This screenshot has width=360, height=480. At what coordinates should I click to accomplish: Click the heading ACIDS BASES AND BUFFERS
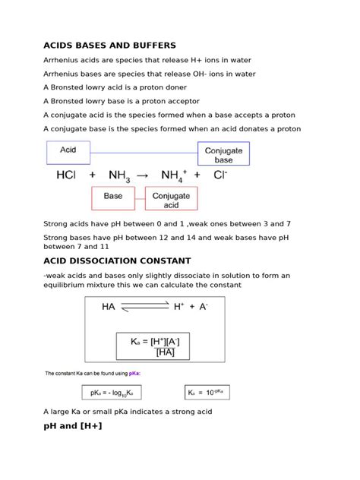pos(109,46)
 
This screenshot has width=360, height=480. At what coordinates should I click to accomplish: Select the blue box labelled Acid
pos(68,153)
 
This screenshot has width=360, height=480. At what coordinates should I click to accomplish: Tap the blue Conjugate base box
pos(223,155)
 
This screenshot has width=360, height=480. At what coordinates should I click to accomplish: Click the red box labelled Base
pos(112,199)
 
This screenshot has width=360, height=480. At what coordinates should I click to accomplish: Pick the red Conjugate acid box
pos(171,199)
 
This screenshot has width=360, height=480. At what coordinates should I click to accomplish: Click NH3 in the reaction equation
pos(118,175)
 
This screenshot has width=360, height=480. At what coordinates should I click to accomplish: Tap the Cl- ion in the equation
pos(219,175)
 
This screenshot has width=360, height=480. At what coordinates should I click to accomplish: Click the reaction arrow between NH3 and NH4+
pos(144,175)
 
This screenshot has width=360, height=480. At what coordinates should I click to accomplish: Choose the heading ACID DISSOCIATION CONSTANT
pos(122,261)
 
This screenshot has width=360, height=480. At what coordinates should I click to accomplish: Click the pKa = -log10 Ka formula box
pos(111,393)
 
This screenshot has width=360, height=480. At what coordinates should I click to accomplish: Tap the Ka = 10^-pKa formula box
pos(207,393)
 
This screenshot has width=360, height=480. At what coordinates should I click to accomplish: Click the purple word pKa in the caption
pos(134,374)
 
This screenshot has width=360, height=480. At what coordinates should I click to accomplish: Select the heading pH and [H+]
pos(73,426)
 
